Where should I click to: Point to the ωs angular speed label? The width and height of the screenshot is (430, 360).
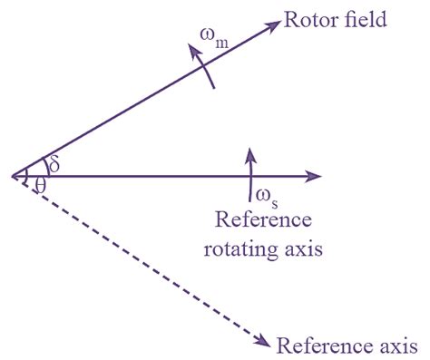tap(264, 194)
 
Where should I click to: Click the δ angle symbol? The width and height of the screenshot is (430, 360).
tap(54, 164)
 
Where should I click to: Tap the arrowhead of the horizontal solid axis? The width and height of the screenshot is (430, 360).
tap(315, 176)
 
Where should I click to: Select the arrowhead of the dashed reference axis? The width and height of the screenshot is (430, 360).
tap(263, 340)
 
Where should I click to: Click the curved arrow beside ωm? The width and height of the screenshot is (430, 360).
tap(203, 69)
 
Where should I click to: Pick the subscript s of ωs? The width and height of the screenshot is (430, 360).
tap(273, 198)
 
